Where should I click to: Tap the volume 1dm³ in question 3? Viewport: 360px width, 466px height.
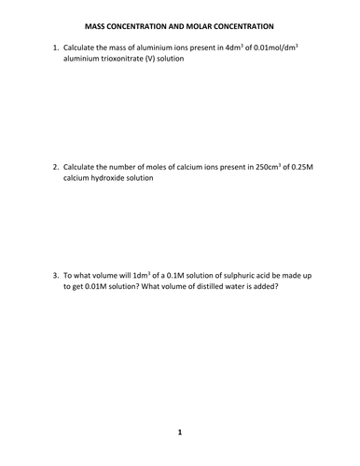[x=148, y=276]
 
